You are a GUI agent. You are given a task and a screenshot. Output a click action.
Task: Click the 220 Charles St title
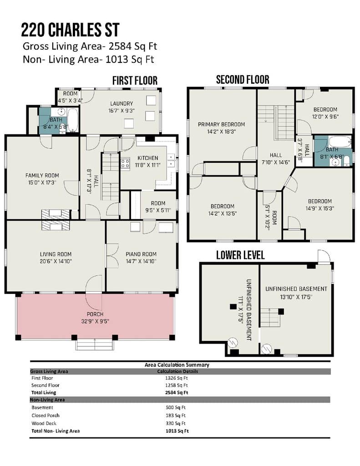point(70,30)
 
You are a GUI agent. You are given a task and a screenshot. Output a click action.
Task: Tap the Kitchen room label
point(148,158)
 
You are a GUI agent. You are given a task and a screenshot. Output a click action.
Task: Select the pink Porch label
point(95,314)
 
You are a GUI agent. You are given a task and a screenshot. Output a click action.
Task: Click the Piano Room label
point(141,254)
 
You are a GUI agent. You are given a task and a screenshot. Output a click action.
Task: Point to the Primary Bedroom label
point(222,124)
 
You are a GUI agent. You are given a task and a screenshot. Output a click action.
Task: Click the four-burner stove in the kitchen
point(125,164)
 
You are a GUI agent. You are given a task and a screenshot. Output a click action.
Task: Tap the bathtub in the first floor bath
point(72,120)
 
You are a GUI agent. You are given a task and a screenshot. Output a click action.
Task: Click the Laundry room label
point(122,103)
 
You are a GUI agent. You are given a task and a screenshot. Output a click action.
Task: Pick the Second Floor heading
point(243,80)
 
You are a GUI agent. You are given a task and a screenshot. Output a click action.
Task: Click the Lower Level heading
point(240,255)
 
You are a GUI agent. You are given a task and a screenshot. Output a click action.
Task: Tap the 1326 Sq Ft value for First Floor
point(177,378)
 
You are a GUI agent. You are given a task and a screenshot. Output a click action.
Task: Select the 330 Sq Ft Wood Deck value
point(176,423)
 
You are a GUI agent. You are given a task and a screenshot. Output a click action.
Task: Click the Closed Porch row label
point(46,415)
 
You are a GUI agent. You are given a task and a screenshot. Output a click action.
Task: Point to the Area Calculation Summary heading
point(177,365)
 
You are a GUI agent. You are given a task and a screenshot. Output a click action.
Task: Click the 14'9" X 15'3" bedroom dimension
point(320,208)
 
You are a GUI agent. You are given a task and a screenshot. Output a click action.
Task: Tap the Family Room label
point(42,175)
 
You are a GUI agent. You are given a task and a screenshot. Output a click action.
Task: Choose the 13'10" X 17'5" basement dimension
point(296,297)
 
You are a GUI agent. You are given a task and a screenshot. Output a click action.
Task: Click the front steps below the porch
point(95,345)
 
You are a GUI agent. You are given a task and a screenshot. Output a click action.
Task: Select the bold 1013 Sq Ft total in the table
point(177,431)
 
